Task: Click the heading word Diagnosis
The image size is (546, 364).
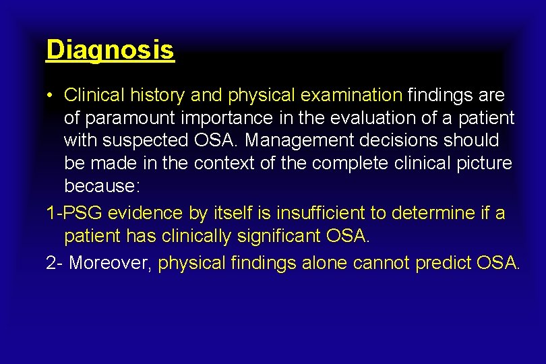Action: [x=110, y=49]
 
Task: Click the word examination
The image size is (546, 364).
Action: [x=351, y=95]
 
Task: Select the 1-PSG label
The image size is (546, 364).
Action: [x=73, y=213]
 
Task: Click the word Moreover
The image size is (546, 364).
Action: [x=109, y=263]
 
